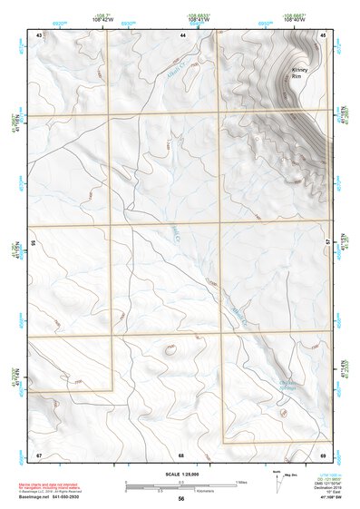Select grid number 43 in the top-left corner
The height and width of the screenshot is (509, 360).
coord(39,34)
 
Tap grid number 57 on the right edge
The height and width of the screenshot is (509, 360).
coord(329,243)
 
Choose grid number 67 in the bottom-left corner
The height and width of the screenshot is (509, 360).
coord(39,454)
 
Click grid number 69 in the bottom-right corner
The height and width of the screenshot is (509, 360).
coord(323,454)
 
